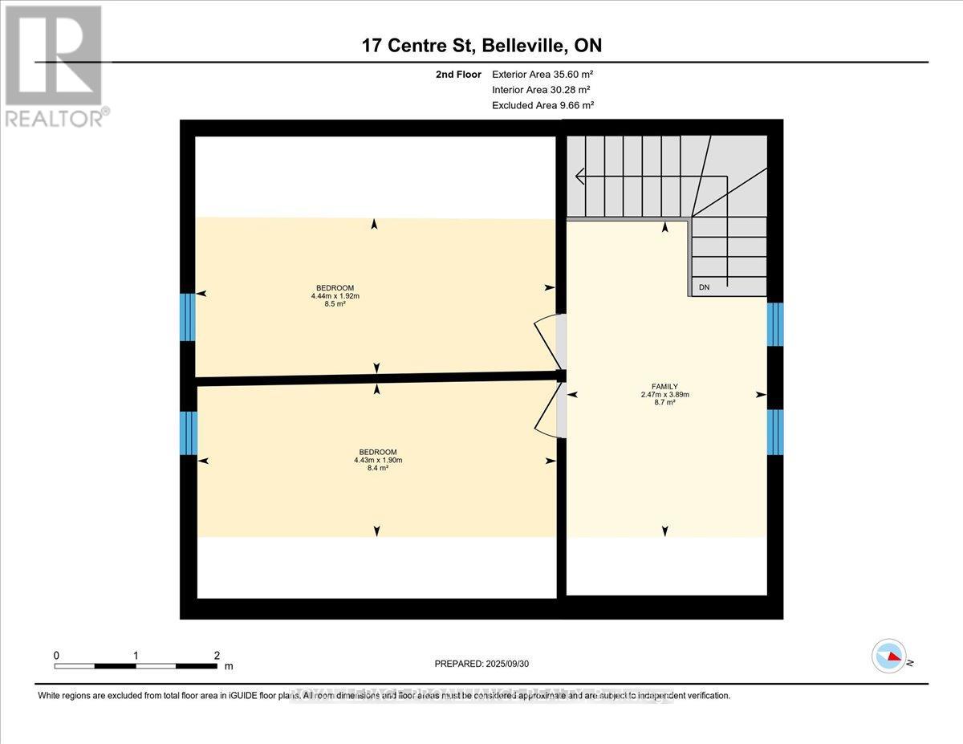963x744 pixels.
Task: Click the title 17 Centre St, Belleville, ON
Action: (x=481, y=46)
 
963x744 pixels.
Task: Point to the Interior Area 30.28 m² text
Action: (x=541, y=90)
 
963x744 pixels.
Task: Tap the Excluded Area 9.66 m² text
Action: (x=542, y=105)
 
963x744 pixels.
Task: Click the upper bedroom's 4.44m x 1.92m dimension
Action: (x=335, y=296)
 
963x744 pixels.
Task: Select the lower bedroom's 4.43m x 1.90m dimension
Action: (x=377, y=460)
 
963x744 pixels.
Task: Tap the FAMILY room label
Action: (x=664, y=387)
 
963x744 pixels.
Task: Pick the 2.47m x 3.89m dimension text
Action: (x=664, y=395)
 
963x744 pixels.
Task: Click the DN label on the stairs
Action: (x=704, y=287)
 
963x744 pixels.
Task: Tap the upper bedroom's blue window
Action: (x=187, y=317)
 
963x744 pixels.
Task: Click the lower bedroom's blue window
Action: (x=188, y=433)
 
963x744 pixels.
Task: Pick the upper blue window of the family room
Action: (x=774, y=324)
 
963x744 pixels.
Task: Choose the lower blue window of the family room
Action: (x=774, y=433)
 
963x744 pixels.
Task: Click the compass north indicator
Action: (x=889, y=657)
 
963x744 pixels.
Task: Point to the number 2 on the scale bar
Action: (x=217, y=655)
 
